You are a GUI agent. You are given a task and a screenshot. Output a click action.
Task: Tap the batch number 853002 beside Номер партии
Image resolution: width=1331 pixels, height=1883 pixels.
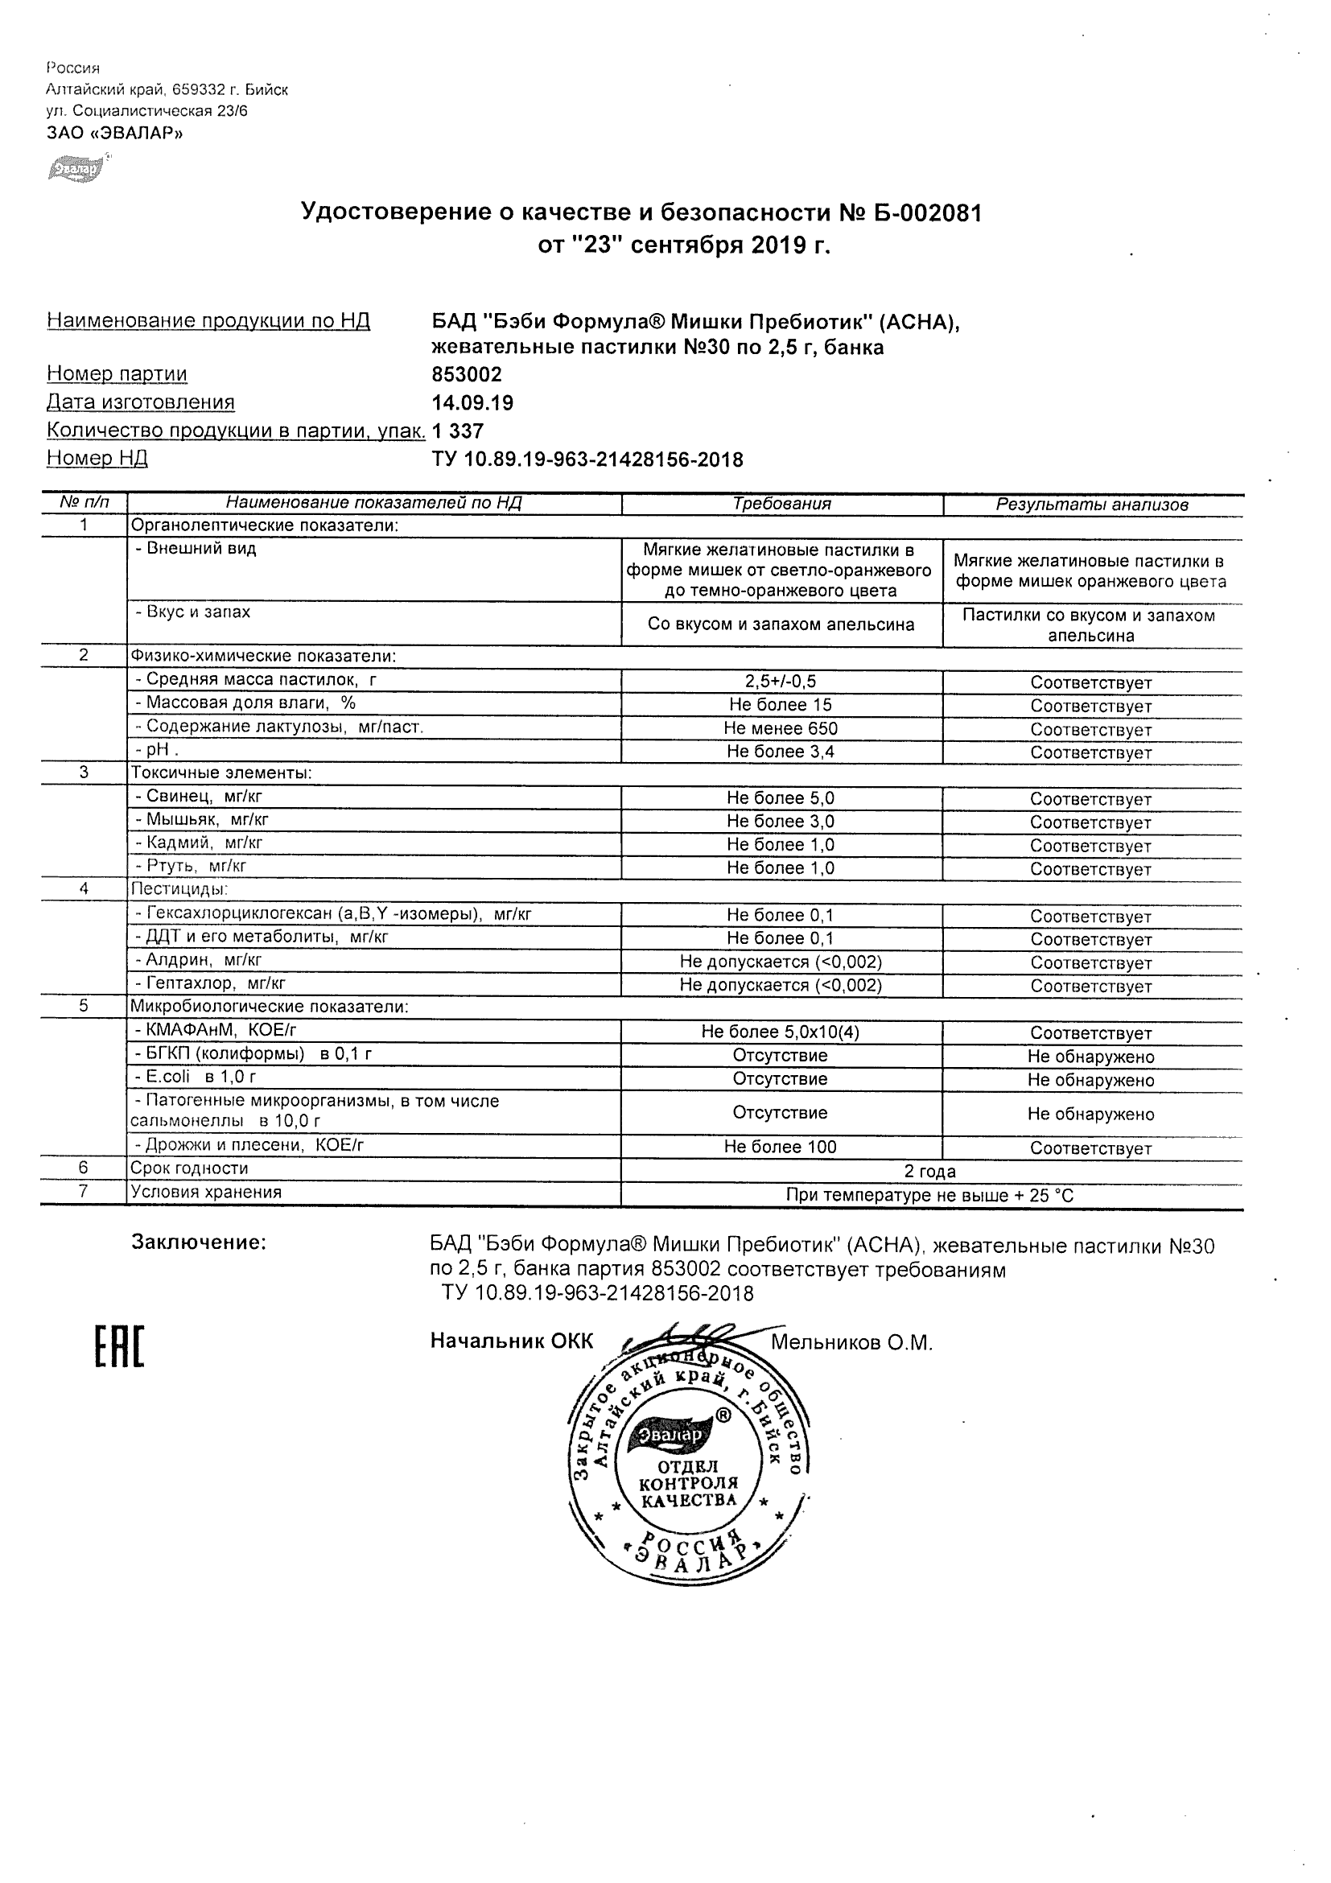467,375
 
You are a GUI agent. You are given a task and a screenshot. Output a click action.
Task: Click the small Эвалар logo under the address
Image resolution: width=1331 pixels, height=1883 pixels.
76,169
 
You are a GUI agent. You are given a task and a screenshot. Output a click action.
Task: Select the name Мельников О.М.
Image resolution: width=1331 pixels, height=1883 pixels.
851,1342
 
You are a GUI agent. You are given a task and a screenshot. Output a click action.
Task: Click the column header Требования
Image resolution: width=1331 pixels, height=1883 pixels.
781,505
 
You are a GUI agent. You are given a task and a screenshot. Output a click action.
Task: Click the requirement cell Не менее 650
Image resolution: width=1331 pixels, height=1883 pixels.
781,728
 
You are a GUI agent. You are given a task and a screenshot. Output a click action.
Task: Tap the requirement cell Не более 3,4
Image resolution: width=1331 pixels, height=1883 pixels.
781,752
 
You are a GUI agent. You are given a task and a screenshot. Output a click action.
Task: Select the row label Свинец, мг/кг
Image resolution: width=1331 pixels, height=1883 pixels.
199,797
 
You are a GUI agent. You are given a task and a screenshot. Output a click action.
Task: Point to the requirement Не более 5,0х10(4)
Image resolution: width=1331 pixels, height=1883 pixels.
780,1032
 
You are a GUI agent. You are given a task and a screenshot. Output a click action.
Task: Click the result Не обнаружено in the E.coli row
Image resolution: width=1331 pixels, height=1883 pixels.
1090,1080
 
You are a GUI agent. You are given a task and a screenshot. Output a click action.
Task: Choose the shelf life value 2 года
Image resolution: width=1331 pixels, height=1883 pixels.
930,1171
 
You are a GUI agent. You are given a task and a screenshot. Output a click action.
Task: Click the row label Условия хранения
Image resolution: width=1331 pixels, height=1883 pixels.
206,1193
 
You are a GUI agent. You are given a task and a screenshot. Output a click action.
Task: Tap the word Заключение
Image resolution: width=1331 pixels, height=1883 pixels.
199,1242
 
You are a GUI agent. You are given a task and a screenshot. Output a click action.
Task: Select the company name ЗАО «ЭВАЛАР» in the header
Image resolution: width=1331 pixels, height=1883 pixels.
115,134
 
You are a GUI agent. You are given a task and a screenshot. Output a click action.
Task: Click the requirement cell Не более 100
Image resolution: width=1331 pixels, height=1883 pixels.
780,1148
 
